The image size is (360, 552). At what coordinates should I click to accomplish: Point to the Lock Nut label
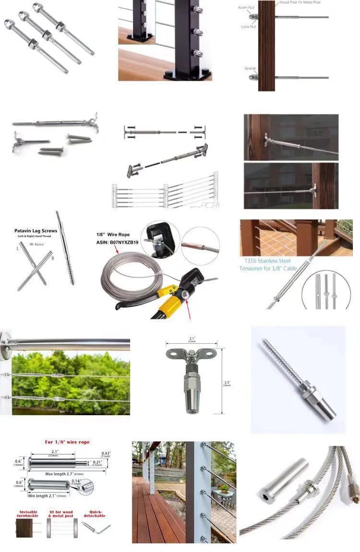(x=248, y=27)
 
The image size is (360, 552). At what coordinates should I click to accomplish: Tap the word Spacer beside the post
(x=250, y=68)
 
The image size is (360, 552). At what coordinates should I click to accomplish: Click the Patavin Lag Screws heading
(x=36, y=231)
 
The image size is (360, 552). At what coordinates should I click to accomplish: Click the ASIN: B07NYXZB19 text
(x=117, y=242)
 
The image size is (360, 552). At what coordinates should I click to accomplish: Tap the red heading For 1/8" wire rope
(x=67, y=442)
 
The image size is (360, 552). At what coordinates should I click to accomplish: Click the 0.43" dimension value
(x=106, y=454)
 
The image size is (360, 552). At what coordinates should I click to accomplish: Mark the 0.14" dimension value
(x=90, y=481)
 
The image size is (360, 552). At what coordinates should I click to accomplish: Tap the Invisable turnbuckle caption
(x=28, y=514)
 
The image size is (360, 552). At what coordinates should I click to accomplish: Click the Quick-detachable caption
(x=94, y=514)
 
